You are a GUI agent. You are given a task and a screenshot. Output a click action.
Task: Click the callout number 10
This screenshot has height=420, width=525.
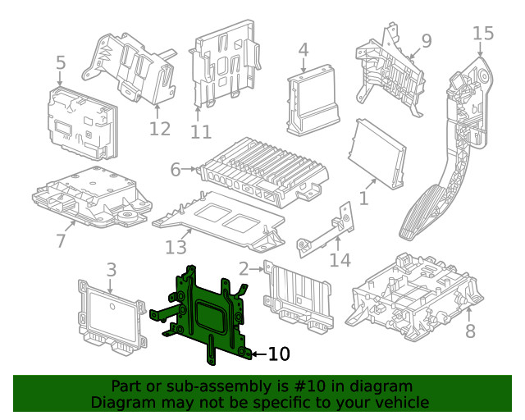coord(279,354)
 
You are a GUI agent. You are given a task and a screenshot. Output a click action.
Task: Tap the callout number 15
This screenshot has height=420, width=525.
coord(483,34)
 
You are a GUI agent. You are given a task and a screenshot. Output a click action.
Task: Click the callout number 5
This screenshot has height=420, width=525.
coord(61,63)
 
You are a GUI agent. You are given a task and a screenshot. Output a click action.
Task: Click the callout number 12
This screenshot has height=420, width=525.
coord(160,129)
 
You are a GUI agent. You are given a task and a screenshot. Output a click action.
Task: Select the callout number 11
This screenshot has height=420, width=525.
coord(201,131)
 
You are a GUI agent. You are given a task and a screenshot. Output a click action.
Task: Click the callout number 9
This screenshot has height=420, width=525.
coord(426,40)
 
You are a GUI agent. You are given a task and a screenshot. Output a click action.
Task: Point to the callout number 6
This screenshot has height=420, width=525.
coord(175,170)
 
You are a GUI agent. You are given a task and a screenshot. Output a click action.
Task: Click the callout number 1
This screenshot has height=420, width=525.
coord(363,198)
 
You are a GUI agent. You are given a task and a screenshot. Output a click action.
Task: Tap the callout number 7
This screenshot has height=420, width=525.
coord(60,241)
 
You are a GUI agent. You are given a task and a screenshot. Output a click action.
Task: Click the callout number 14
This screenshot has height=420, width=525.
coord(340,260)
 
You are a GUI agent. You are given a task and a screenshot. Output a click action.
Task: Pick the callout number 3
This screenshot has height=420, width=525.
coord(112,269)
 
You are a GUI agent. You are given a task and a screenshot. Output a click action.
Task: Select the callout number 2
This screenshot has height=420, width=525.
coord(244,268)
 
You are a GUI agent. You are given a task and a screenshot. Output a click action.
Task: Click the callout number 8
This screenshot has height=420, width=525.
coord(470,331)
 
